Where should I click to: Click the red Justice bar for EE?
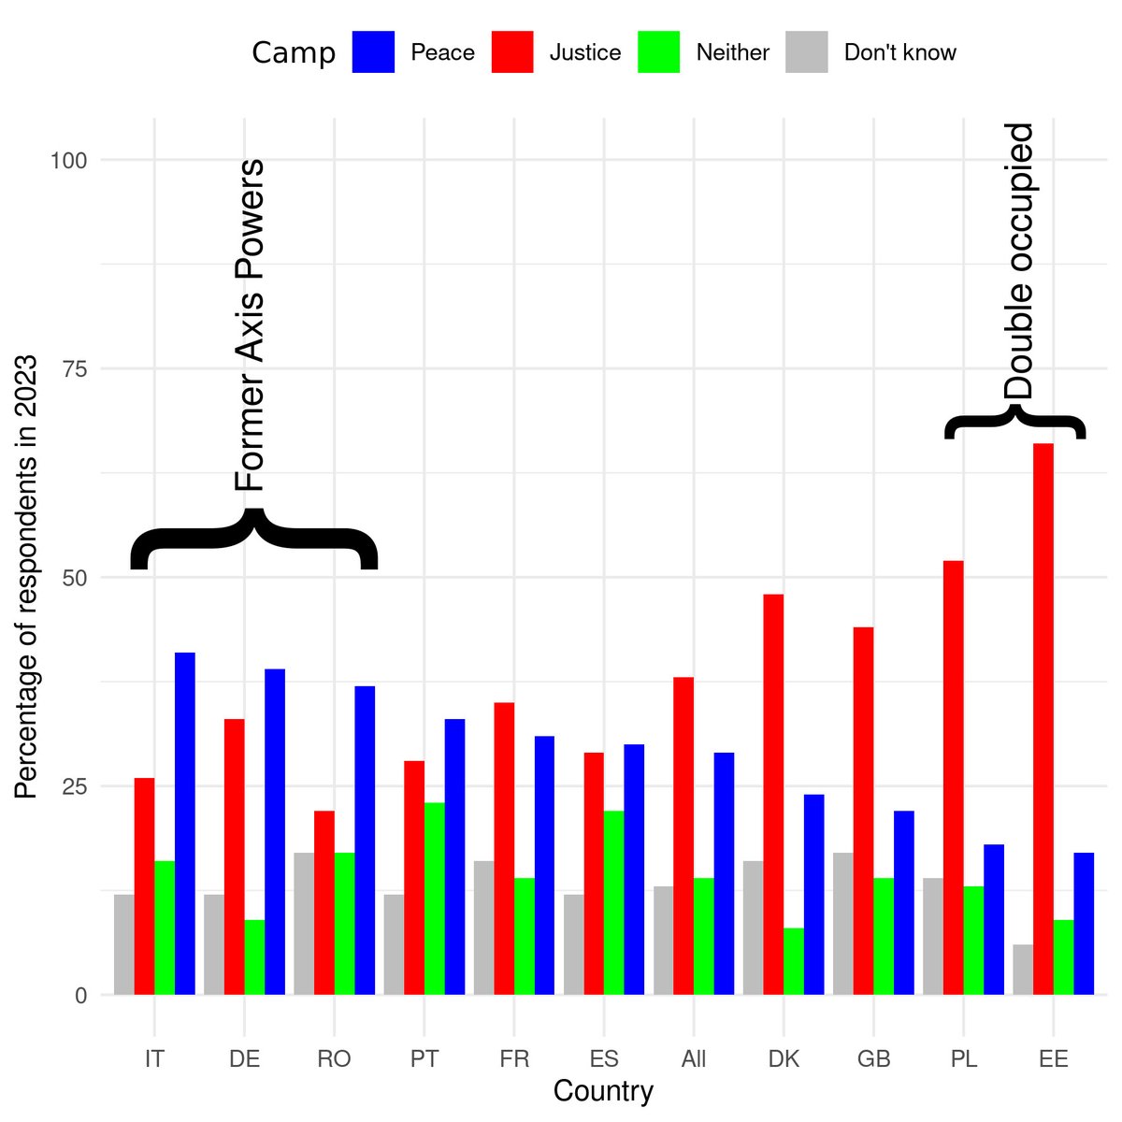(x=1043, y=719)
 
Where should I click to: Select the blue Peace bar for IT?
(x=184, y=824)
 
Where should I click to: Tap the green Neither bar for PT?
(x=435, y=899)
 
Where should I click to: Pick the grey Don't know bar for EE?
(x=1023, y=970)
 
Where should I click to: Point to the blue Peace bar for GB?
(x=903, y=902)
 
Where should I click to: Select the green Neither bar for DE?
(x=254, y=957)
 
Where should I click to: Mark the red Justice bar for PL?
(x=953, y=778)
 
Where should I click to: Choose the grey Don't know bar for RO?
(x=304, y=924)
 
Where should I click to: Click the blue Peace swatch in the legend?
(x=373, y=51)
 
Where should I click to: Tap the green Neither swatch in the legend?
(x=658, y=51)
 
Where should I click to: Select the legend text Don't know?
(x=900, y=52)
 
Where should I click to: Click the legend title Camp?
(x=294, y=53)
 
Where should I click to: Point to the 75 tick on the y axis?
(x=75, y=368)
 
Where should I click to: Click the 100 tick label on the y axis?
(x=68, y=160)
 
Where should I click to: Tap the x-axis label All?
(x=694, y=1058)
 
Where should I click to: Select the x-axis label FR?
(x=514, y=1058)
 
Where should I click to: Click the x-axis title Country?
(x=603, y=1091)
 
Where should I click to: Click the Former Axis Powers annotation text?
(x=250, y=324)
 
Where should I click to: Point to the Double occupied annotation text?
(x=1018, y=261)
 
